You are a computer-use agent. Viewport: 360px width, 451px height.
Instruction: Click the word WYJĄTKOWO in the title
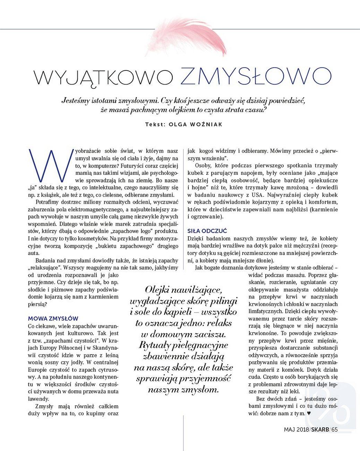click(103, 77)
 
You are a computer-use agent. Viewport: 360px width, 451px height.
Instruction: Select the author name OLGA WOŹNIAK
click(195, 124)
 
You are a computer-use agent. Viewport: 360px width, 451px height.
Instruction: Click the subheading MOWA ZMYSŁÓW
click(53, 318)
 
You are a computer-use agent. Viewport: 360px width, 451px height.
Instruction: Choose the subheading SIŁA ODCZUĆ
click(207, 231)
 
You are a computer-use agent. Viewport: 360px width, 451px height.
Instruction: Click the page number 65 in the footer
click(334, 429)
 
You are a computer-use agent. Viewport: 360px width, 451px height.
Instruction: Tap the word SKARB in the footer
click(320, 429)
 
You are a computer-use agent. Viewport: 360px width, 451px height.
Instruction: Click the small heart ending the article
click(309, 414)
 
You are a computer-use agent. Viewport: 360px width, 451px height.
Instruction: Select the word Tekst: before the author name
click(155, 124)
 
